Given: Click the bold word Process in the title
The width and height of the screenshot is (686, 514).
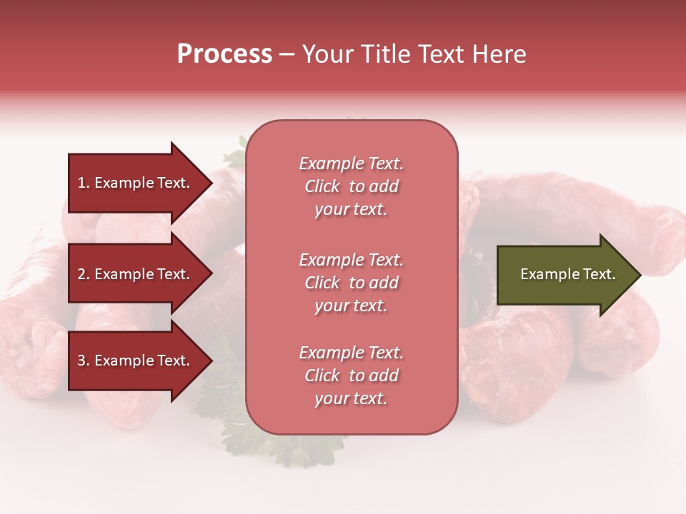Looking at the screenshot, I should coord(224,54).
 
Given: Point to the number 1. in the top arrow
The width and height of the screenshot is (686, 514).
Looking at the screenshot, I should coord(84,183).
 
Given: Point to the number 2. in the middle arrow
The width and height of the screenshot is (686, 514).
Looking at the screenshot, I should coord(84,274).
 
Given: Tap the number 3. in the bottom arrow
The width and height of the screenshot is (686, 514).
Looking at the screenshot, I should coord(84,361).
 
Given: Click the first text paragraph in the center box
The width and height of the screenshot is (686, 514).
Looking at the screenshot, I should coord(351,186).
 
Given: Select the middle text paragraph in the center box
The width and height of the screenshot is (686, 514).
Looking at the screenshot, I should coord(351,283).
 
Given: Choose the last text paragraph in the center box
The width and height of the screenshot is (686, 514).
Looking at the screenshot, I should coord(351,376).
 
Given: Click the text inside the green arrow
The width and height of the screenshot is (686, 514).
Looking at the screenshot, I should coord(568,274).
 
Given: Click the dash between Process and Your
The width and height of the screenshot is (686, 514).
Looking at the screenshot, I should coord(287,55).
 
